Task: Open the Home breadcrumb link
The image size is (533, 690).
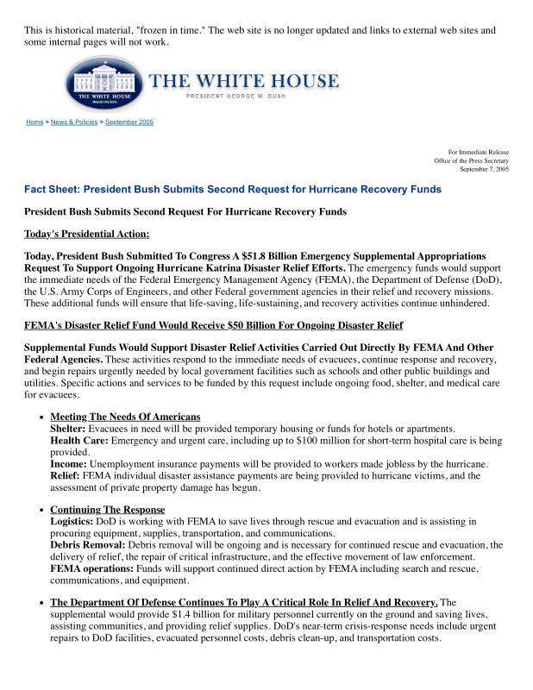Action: (x=34, y=122)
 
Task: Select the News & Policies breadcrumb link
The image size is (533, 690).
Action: (x=73, y=122)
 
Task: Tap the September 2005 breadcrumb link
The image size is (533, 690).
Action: (x=129, y=122)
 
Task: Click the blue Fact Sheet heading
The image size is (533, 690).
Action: (x=233, y=189)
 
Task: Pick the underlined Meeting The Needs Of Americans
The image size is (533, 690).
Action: (x=125, y=417)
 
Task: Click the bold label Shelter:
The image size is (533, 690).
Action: (x=67, y=430)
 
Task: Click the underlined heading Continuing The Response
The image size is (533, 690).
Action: (x=107, y=510)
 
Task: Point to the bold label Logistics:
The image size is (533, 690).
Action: (x=73, y=522)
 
